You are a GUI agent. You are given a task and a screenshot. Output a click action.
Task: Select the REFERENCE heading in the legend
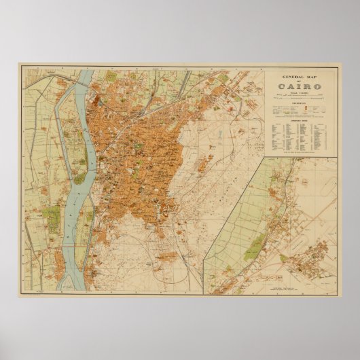pos(300,103)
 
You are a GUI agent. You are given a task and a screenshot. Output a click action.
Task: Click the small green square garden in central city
pos(140,145)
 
